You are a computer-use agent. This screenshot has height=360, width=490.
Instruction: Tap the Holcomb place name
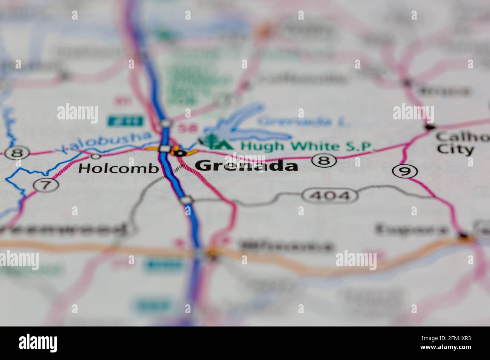tap(118, 168)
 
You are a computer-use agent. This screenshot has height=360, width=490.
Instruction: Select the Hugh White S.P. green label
tap(308, 146)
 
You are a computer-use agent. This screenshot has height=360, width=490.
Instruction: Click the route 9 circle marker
tap(405, 171)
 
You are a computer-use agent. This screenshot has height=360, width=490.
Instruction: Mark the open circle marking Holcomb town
tap(96, 156)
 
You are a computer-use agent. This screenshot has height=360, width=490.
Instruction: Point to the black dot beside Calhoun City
tap(430, 128)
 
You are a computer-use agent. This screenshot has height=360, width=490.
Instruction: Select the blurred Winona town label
tap(287, 246)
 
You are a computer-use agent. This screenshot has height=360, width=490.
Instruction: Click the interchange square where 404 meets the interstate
tap(186, 200)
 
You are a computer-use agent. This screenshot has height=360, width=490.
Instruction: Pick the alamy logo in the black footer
tap(38, 343)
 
